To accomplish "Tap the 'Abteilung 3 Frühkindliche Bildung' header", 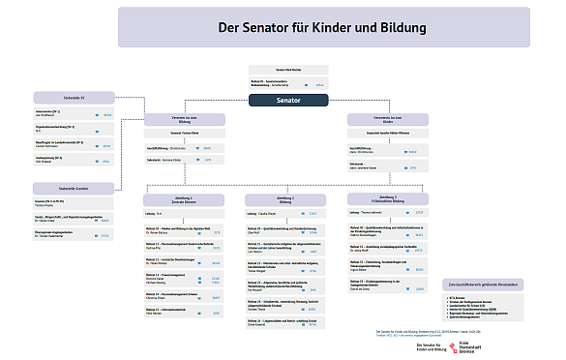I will click(x=386, y=199).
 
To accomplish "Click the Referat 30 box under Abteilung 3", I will click(x=386, y=231).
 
